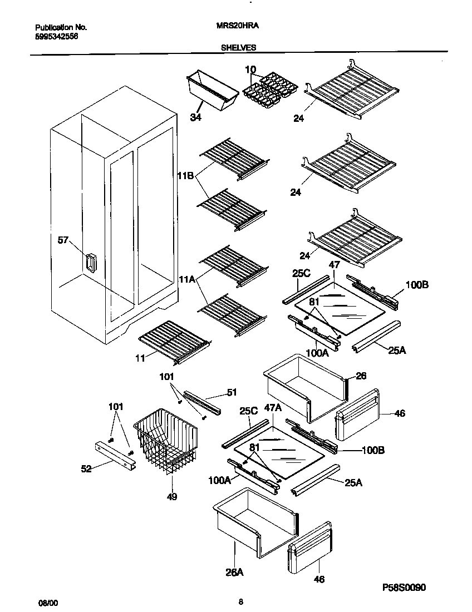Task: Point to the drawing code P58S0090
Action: (x=406, y=588)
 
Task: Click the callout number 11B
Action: (x=185, y=176)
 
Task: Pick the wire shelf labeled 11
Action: (x=174, y=340)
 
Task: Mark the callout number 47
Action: (x=333, y=266)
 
